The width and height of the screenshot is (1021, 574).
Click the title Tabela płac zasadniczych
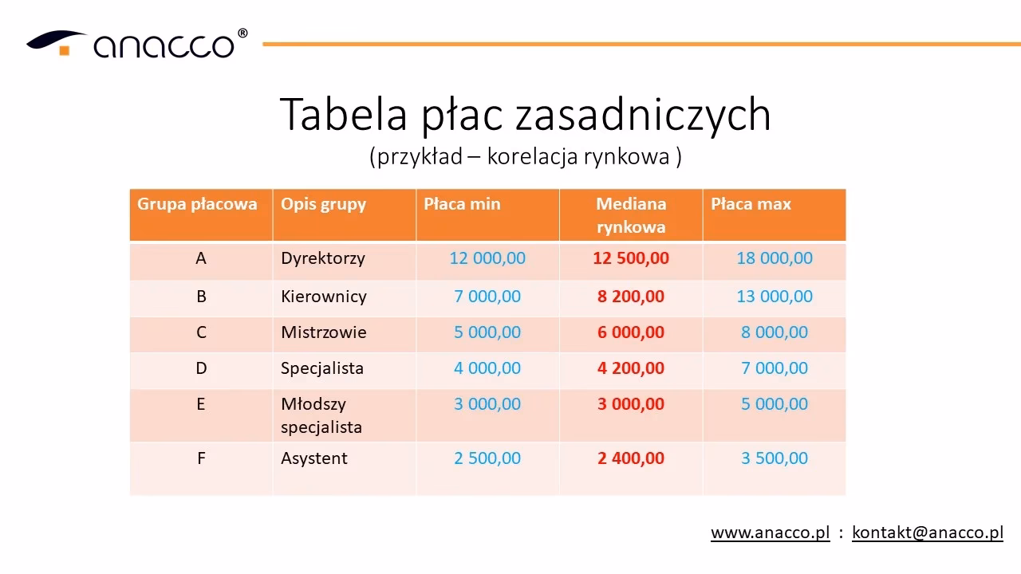[x=525, y=114]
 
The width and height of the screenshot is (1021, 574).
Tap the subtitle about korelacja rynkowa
[x=525, y=156]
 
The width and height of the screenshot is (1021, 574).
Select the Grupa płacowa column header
[x=197, y=204]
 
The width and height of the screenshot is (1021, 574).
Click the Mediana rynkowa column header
[x=630, y=215]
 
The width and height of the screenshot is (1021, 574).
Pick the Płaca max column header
[x=751, y=204]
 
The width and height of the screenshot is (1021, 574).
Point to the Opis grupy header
[x=323, y=204]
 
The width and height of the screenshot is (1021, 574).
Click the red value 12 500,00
[x=630, y=258]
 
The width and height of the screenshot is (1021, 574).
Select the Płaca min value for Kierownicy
[x=487, y=297]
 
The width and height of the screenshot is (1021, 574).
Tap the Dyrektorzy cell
[x=322, y=258]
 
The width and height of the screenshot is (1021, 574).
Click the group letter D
[x=201, y=368]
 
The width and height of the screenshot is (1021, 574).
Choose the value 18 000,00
[x=774, y=258]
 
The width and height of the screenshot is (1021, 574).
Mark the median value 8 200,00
[x=630, y=297]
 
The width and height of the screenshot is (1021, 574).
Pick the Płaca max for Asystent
[x=774, y=458]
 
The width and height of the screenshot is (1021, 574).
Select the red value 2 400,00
[x=630, y=458]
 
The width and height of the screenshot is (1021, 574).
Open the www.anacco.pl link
[x=770, y=533]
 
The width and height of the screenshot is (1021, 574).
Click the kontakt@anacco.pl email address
[x=927, y=533]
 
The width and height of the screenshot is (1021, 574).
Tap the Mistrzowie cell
[x=323, y=332]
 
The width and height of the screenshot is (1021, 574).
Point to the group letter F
[x=201, y=458]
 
